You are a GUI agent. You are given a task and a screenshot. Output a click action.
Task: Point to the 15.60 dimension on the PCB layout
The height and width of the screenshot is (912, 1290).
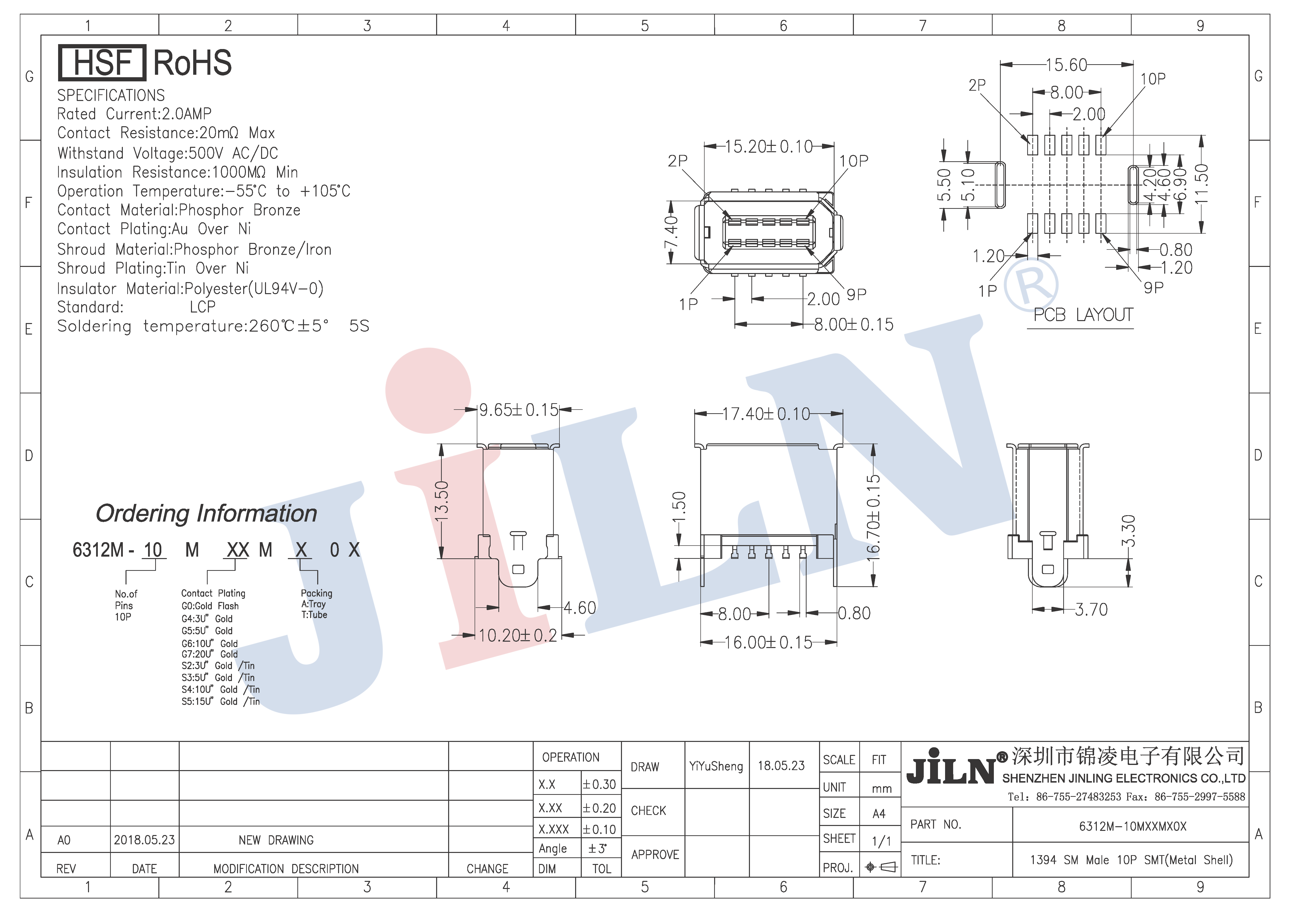tap(1066, 65)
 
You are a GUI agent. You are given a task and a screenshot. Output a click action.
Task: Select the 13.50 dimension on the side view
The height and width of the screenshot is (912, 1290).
tap(442, 501)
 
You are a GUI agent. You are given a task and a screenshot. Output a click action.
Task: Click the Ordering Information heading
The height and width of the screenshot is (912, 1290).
tap(206, 513)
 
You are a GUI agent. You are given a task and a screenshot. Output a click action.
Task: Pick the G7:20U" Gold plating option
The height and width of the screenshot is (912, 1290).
tap(210, 654)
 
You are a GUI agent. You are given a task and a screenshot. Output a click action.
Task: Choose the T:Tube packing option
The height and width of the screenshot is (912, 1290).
tap(314, 615)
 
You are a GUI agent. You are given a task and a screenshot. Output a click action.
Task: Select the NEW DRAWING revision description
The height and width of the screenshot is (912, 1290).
tap(276, 840)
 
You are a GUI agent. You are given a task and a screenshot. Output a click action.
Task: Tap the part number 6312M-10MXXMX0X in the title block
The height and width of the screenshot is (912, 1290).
tap(1133, 826)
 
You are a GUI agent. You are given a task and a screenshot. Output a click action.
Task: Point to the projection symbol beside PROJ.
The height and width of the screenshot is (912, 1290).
tap(881, 867)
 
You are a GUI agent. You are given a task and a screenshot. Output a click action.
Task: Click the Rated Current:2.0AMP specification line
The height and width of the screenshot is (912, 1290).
tap(134, 114)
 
